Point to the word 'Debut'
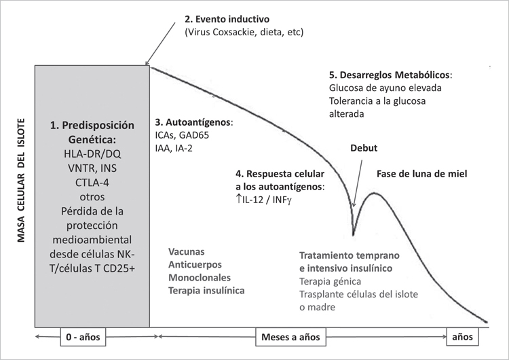pyautogui.click(x=364, y=147)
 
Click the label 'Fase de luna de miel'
pyautogui.click(x=422, y=173)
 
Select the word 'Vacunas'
pyautogui.click(x=186, y=251)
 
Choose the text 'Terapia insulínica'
pyautogui.click(x=206, y=290)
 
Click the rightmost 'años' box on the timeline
pyautogui.click(x=464, y=336)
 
